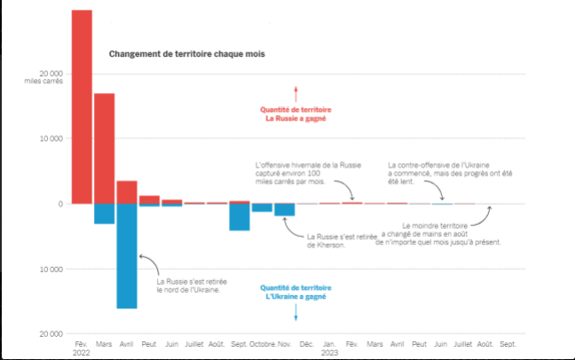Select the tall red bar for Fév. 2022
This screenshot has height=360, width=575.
coord(82,106)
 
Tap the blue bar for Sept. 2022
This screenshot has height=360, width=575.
coord(240,217)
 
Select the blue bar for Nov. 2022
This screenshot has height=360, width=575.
coord(285,210)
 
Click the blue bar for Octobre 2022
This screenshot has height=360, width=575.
coord(262,207)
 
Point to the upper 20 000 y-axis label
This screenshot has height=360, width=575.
coord(49,74)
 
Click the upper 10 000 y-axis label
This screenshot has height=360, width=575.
coord(49,139)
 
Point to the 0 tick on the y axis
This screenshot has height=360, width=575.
coord(59,204)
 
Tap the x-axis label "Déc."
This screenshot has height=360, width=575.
coord(307,342)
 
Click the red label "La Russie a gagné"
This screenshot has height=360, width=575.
coord(296,119)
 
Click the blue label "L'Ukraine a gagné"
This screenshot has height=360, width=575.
coord(296,296)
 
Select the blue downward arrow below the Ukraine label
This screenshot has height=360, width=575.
coord(296,310)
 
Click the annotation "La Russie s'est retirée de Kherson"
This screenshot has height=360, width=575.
coord(335,240)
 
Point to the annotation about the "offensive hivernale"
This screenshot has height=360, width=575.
coord(295,173)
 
